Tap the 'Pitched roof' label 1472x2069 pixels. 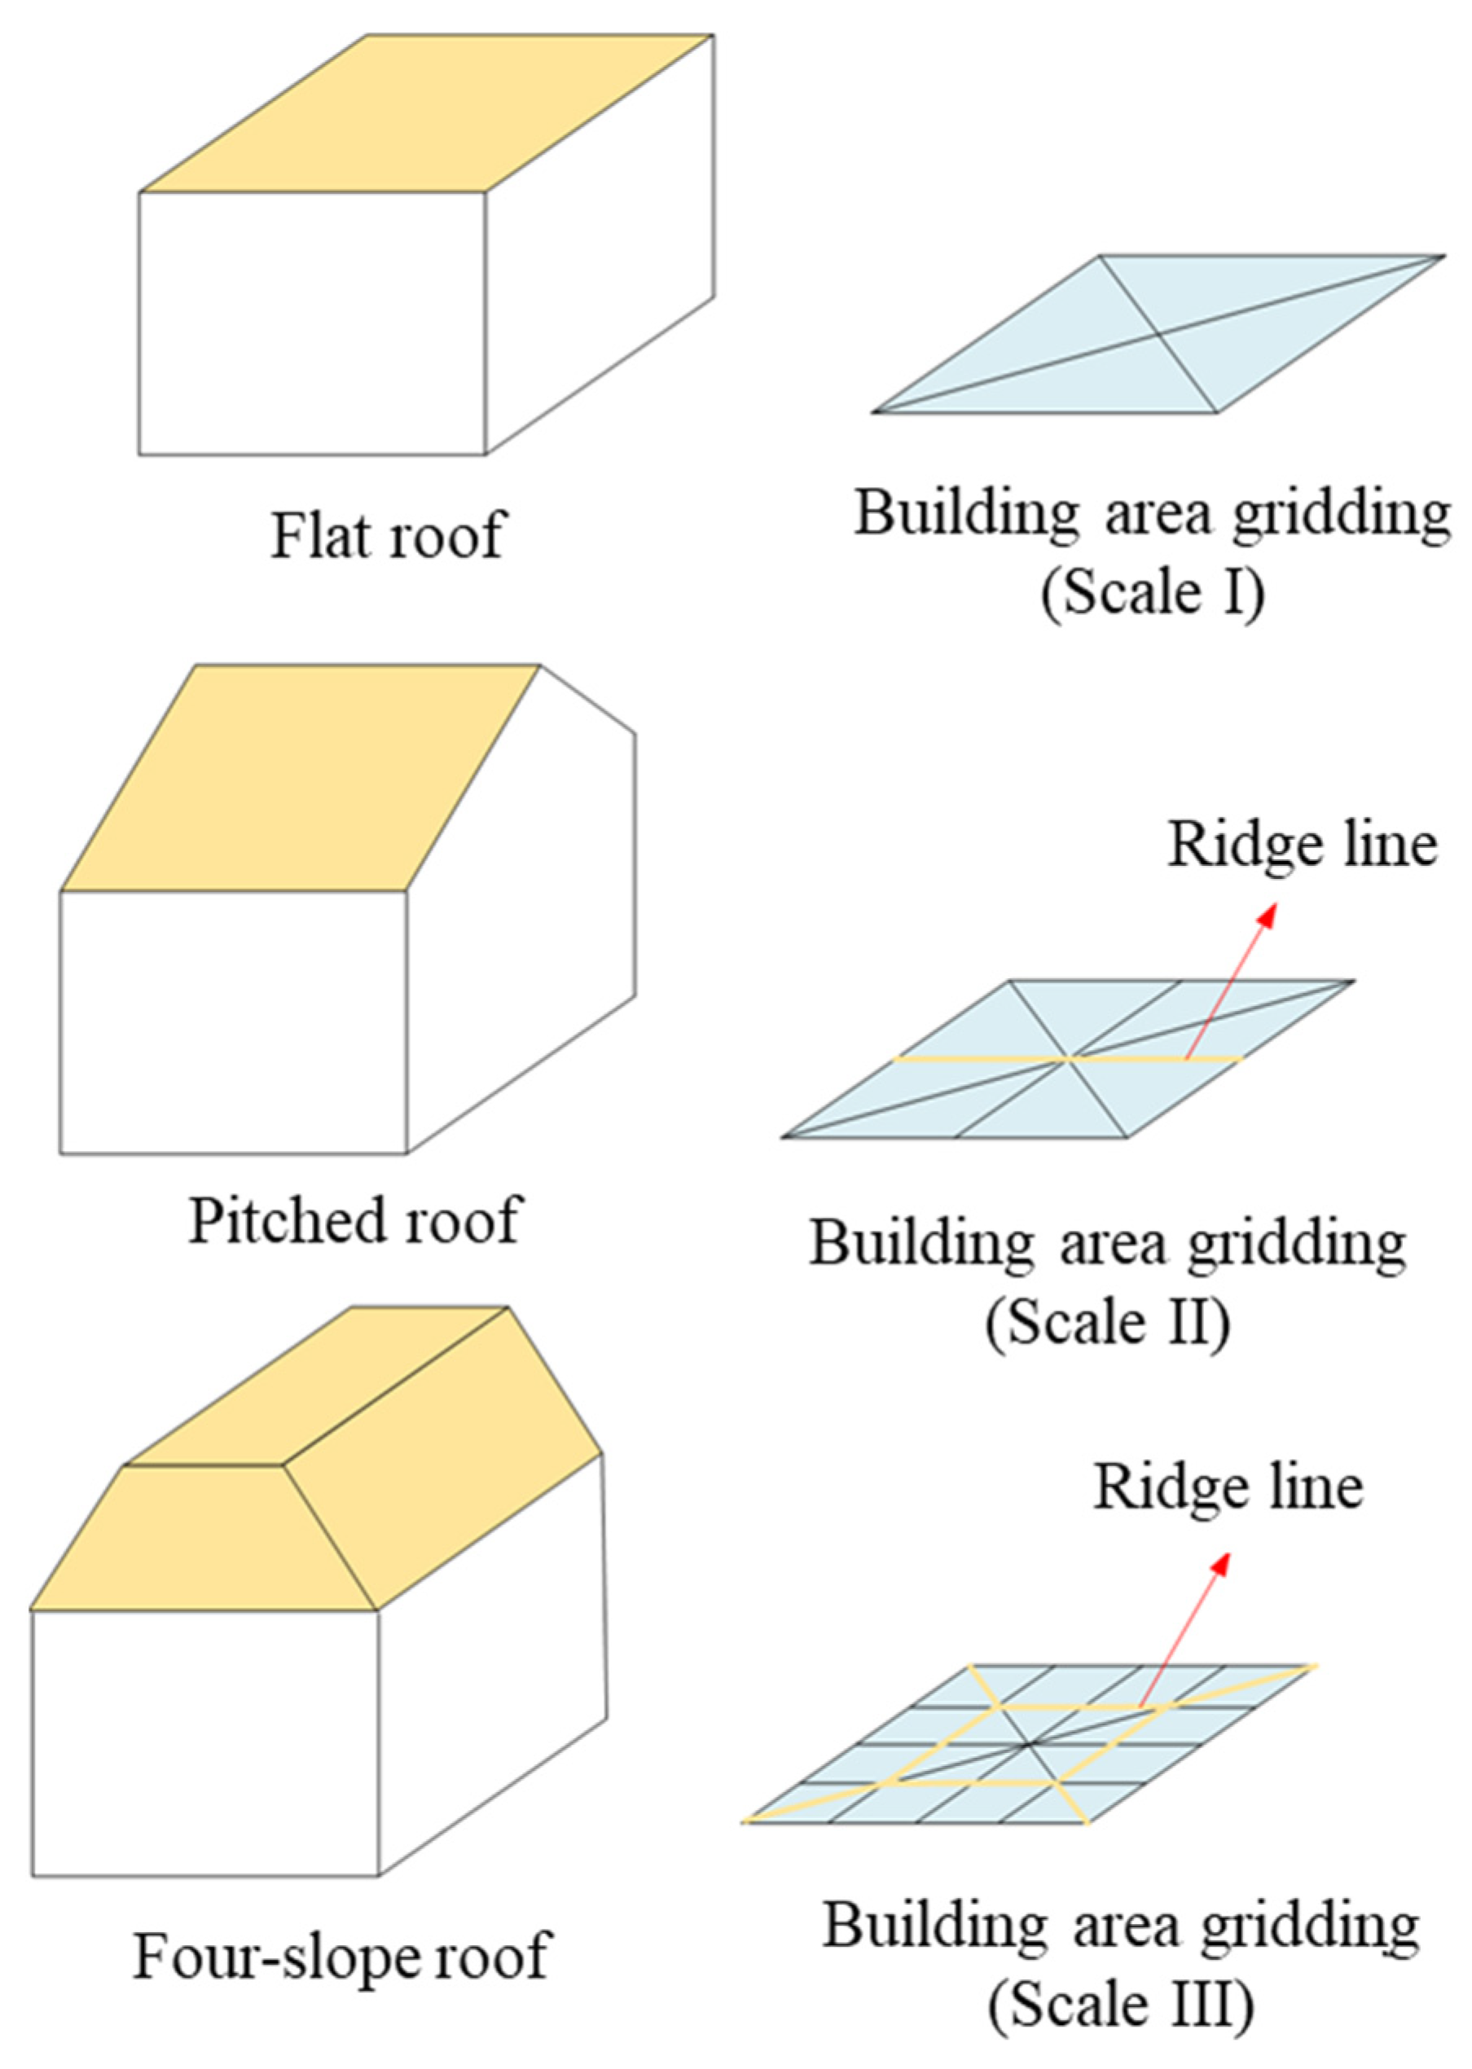click(355, 1220)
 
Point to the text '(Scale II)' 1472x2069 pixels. click(1108, 1323)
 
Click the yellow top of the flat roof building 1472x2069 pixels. click(426, 113)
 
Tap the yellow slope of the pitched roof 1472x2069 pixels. click(299, 780)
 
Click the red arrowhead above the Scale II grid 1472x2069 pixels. click(1268, 915)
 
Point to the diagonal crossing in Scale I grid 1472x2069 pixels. click(1159, 336)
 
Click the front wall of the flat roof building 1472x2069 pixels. click(312, 323)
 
